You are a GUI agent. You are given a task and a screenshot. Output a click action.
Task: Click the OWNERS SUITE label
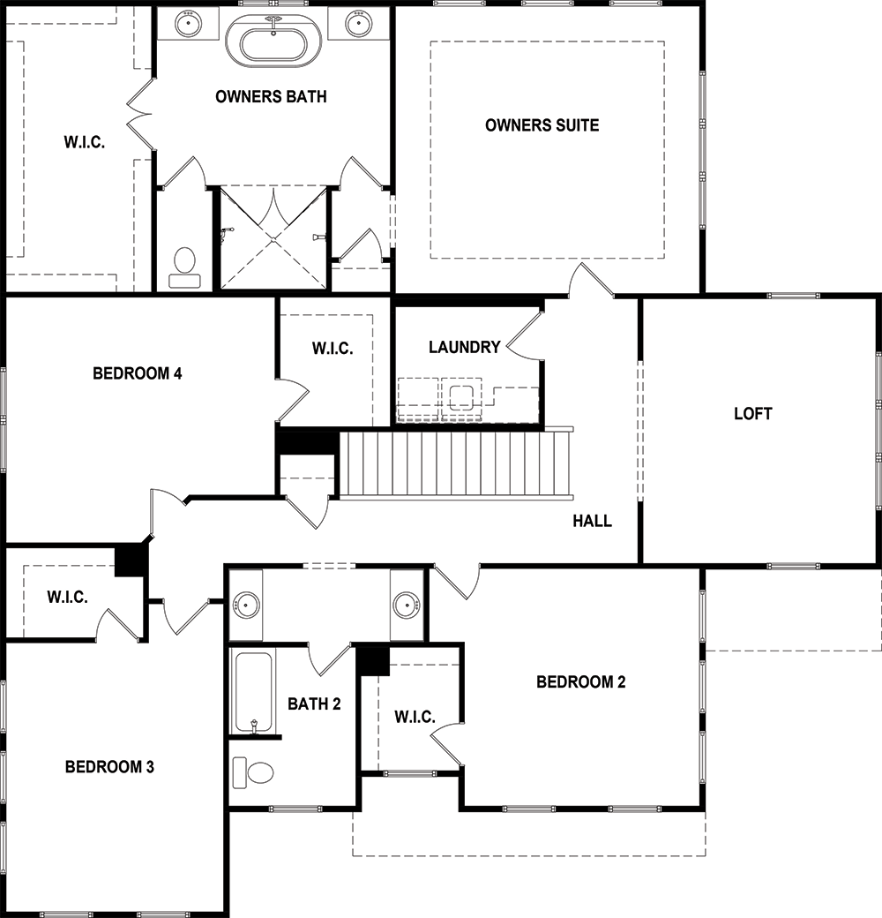tap(542, 124)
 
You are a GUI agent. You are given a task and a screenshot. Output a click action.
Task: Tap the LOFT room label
tap(752, 413)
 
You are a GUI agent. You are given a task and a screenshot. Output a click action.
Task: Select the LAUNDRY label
tap(465, 347)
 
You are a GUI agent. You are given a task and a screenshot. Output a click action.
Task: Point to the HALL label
tap(592, 521)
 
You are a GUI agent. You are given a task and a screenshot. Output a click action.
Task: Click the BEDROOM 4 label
tap(138, 372)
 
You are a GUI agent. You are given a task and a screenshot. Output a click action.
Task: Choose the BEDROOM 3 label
tap(109, 766)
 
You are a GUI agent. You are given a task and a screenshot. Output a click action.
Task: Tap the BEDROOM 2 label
tap(580, 681)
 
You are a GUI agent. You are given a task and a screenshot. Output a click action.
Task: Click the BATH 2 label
tap(314, 704)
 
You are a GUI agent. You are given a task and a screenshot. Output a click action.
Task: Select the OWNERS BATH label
tap(271, 96)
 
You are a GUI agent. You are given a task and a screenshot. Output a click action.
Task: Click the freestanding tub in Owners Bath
tap(273, 41)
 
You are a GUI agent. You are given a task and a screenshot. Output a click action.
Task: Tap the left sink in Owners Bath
tap(189, 24)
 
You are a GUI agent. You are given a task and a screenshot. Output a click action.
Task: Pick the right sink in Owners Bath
tap(358, 24)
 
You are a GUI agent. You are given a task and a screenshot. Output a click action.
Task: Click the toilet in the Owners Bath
tap(185, 267)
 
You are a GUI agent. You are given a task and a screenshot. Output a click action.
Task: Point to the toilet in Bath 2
tap(253, 773)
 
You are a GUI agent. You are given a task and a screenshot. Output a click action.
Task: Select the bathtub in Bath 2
tap(253, 691)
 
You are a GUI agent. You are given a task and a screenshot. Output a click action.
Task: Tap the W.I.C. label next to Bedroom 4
tap(333, 349)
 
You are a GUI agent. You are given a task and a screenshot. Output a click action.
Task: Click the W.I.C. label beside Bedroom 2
tap(415, 717)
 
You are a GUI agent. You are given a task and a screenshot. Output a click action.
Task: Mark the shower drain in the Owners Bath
tap(273, 239)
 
